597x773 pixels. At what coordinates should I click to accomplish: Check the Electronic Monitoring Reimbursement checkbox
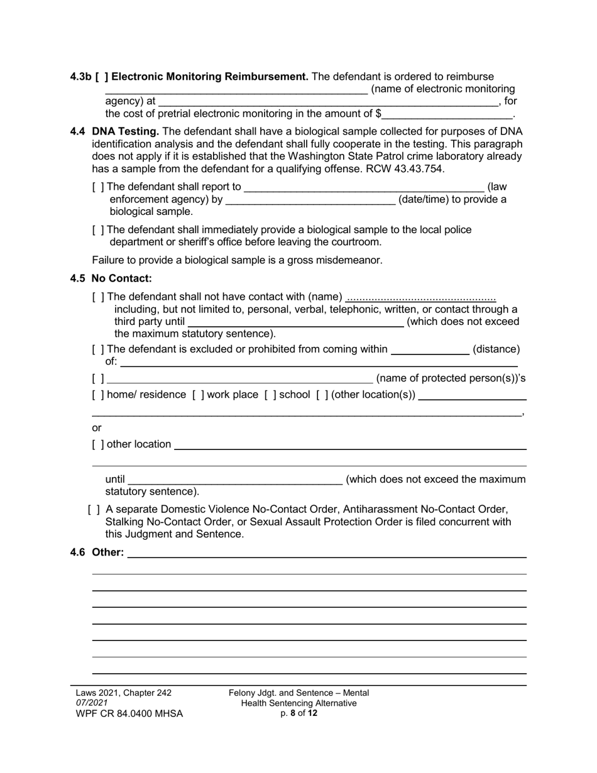tap(101, 77)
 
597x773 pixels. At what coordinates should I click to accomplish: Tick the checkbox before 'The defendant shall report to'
tap(98, 187)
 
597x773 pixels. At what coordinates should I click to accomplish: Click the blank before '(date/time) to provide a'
tap(310, 200)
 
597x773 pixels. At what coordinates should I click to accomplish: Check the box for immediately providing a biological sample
tap(98, 230)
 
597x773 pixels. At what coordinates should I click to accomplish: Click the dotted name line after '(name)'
tap(420, 297)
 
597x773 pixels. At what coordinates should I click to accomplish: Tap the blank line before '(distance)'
tap(430, 349)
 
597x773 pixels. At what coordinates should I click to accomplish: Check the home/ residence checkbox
tap(98, 395)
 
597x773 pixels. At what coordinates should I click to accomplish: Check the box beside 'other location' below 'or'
tap(98, 444)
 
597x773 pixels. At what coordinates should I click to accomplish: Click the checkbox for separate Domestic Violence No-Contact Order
tap(94, 509)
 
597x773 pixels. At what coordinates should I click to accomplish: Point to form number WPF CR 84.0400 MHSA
tap(129, 713)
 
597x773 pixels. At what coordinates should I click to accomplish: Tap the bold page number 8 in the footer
tap(293, 713)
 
